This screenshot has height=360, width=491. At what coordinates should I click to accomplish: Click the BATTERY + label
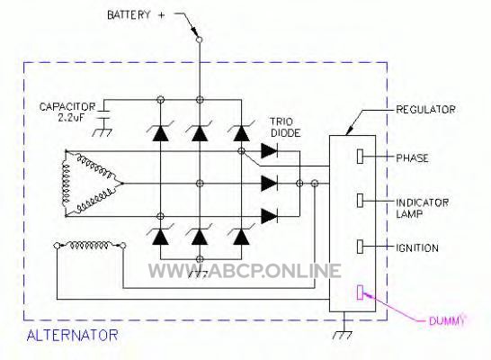tap(136, 15)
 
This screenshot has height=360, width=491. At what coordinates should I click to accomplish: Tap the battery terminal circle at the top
tap(199, 40)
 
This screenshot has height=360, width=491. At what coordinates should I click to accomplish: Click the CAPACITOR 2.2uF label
tap(67, 112)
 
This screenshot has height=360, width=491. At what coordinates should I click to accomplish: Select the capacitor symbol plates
tap(103, 114)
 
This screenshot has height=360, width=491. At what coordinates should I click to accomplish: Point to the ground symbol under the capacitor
tap(103, 132)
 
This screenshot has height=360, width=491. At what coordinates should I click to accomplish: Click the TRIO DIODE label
tap(285, 128)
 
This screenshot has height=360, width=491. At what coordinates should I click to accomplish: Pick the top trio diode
tap(269, 151)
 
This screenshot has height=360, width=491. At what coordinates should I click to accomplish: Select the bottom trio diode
tap(269, 216)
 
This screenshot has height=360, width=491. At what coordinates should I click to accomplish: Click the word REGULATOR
tap(425, 110)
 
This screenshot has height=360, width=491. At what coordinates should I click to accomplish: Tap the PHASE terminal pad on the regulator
tap(360, 157)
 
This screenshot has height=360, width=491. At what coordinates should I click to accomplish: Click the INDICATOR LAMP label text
tap(422, 208)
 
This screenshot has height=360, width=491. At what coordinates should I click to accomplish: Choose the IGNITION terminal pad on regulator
tap(360, 247)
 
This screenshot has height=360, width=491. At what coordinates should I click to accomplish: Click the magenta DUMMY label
tap(446, 320)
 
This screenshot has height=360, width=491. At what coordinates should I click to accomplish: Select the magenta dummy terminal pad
tap(360, 292)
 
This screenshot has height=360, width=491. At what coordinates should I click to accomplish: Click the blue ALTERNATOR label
tap(72, 335)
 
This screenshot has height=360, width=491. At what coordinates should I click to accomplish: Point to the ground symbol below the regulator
tap(343, 335)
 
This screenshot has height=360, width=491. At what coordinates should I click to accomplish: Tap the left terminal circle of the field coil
tap(57, 246)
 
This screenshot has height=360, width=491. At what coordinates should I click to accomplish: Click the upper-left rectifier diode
tap(160, 132)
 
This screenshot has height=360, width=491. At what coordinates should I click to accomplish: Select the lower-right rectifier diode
tap(241, 236)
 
